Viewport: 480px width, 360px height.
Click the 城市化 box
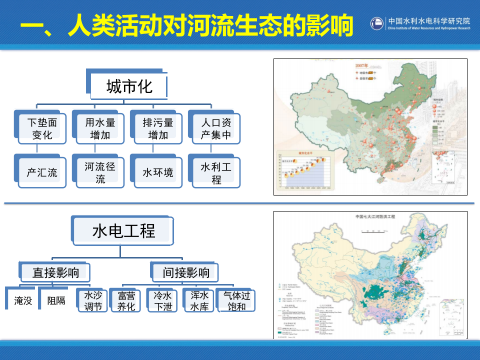(x=129, y=86)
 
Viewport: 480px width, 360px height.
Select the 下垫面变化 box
(x=42, y=128)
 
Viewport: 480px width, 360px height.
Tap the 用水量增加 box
(x=100, y=128)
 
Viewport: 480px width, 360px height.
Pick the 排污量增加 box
(x=158, y=128)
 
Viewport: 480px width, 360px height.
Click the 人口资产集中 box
(x=216, y=128)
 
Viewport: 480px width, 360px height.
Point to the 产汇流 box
(x=42, y=172)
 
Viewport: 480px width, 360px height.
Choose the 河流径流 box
(x=100, y=172)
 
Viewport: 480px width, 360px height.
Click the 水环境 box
(x=158, y=172)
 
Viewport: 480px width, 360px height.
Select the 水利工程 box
(x=216, y=172)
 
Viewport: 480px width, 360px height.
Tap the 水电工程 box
(x=124, y=231)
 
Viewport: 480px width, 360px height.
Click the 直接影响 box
(x=56, y=273)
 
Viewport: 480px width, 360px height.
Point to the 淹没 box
(x=23, y=300)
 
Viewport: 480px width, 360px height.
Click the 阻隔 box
(x=56, y=300)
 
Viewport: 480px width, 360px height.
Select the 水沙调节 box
(x=93, y=300)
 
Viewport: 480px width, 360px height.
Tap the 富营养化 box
(x=126, y=301)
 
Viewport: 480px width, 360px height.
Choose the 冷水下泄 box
(x=163, y=301)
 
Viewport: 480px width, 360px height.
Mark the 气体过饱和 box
(x=236, y=301)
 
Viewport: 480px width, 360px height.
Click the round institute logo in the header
(x=377, y=23)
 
